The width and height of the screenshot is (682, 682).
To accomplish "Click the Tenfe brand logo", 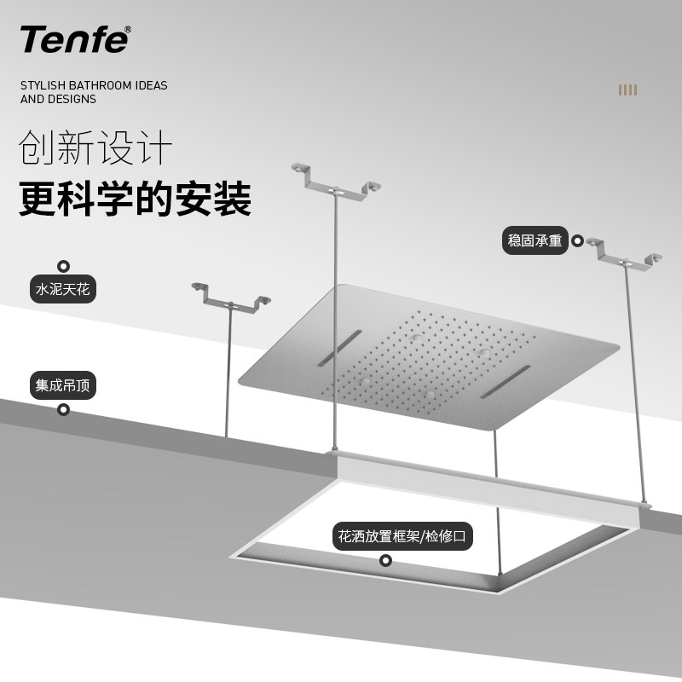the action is [73, 39].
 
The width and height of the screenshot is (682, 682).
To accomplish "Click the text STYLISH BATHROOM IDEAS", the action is [94, 85].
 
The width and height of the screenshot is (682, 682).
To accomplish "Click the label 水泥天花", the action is [62, 290].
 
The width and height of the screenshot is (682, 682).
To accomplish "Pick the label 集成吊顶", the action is [62, 385].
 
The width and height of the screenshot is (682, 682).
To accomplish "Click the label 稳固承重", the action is [535, 241].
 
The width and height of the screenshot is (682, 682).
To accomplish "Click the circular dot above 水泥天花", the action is [63, 266].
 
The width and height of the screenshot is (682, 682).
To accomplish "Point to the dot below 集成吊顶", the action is [63, 410].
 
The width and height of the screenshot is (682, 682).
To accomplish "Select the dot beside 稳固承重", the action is [577, 241].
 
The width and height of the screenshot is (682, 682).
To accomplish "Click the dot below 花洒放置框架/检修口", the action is [385, 561].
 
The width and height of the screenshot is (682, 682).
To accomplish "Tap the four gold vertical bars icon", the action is [628, 90].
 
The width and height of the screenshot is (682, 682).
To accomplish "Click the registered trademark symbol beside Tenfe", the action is [128, 30].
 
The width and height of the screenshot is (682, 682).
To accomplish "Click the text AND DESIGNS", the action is [58, 99].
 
